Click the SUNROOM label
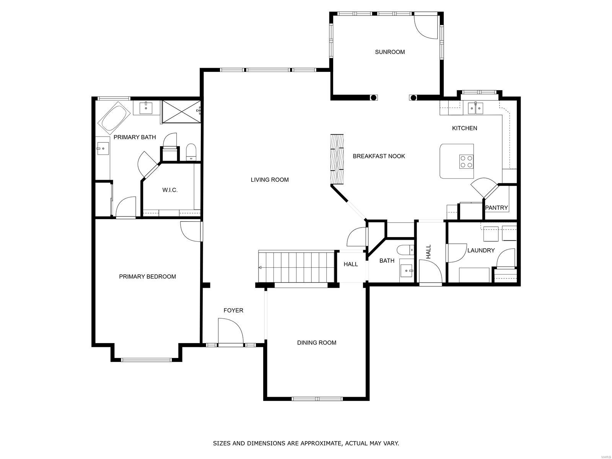coord(389,52)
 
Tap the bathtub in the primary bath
coord(114,117)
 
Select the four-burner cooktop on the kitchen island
coord(466,162)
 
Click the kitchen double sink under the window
coord(475,108)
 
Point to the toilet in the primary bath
coord(191,152)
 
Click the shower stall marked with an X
coord(181,111)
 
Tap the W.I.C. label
coord(170,190)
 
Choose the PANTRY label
coord(496,208)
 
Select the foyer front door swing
coord(231,332)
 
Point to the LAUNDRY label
coord(481,251)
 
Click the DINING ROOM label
coord(316,343)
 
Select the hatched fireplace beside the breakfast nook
coord(337,159)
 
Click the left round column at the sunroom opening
coord(373,98)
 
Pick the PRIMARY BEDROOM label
coord(148,277)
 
